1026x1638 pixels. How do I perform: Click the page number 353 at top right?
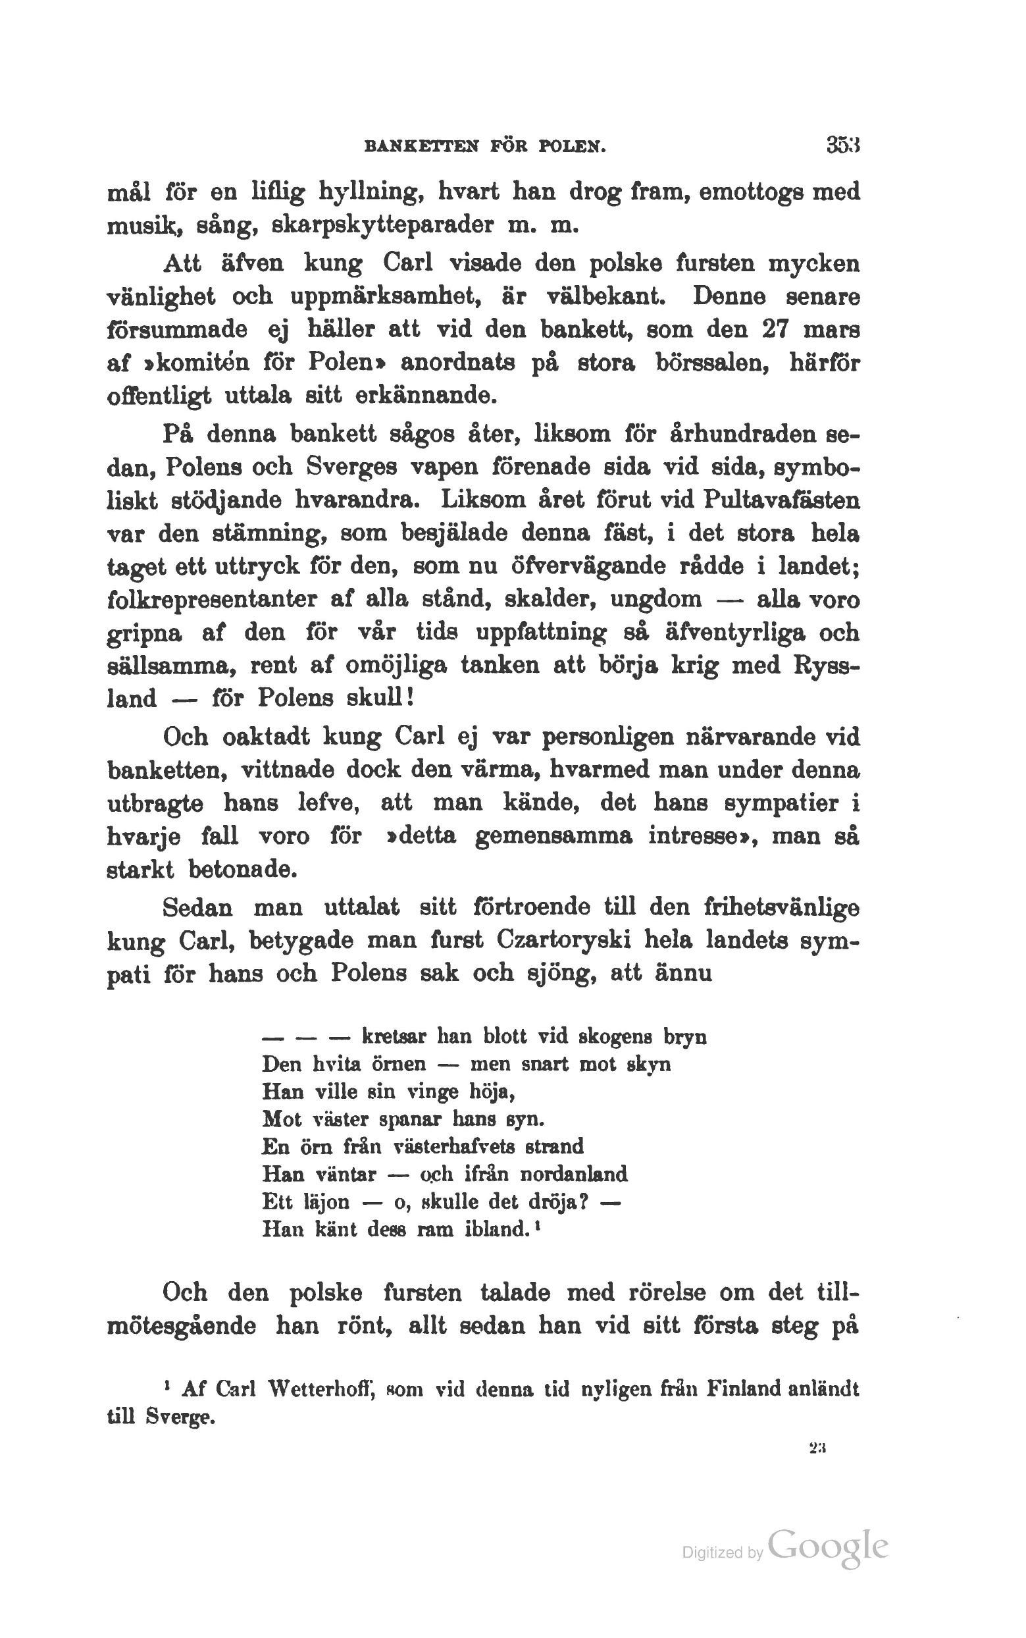coord(843,145)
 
